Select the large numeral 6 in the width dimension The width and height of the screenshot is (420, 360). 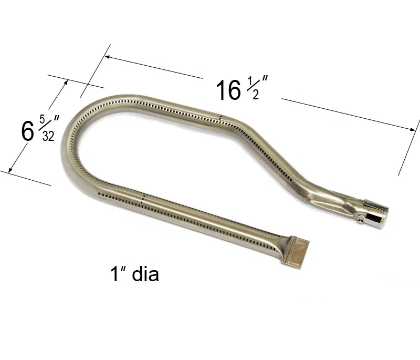[x=28, y=131]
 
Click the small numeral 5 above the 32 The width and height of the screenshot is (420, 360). [x=43, y=116]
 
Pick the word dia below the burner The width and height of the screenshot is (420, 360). [x=142, y=274]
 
